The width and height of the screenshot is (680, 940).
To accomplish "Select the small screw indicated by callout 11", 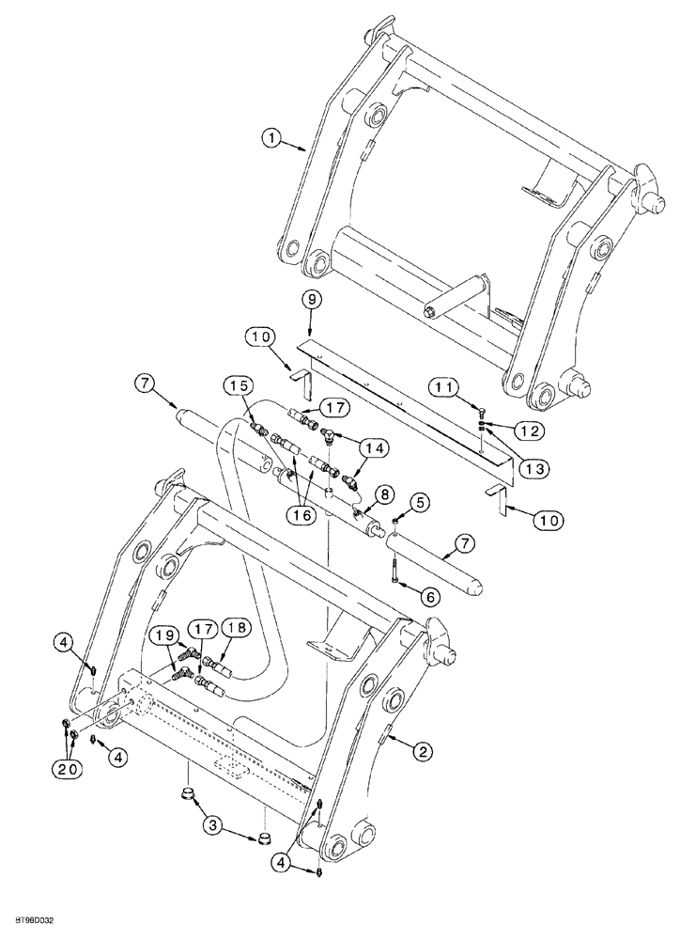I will coord(480,410).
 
